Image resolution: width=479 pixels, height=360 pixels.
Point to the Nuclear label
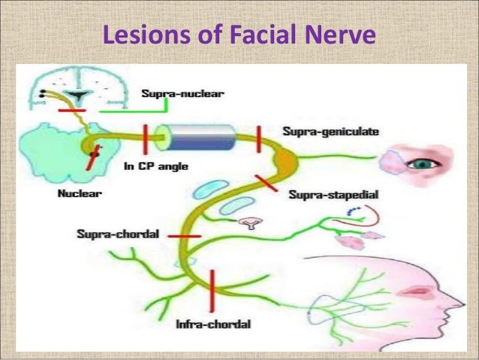click(80, 192)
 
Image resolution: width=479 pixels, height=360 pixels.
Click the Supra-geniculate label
click(330, 131)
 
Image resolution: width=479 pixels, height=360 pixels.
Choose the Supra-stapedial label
click(333, 195)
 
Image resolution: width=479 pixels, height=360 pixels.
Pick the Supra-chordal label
click(118, 234)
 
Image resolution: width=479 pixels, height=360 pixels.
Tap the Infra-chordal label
click(212, 325)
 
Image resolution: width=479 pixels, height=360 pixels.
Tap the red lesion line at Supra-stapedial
click(267, 183)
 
